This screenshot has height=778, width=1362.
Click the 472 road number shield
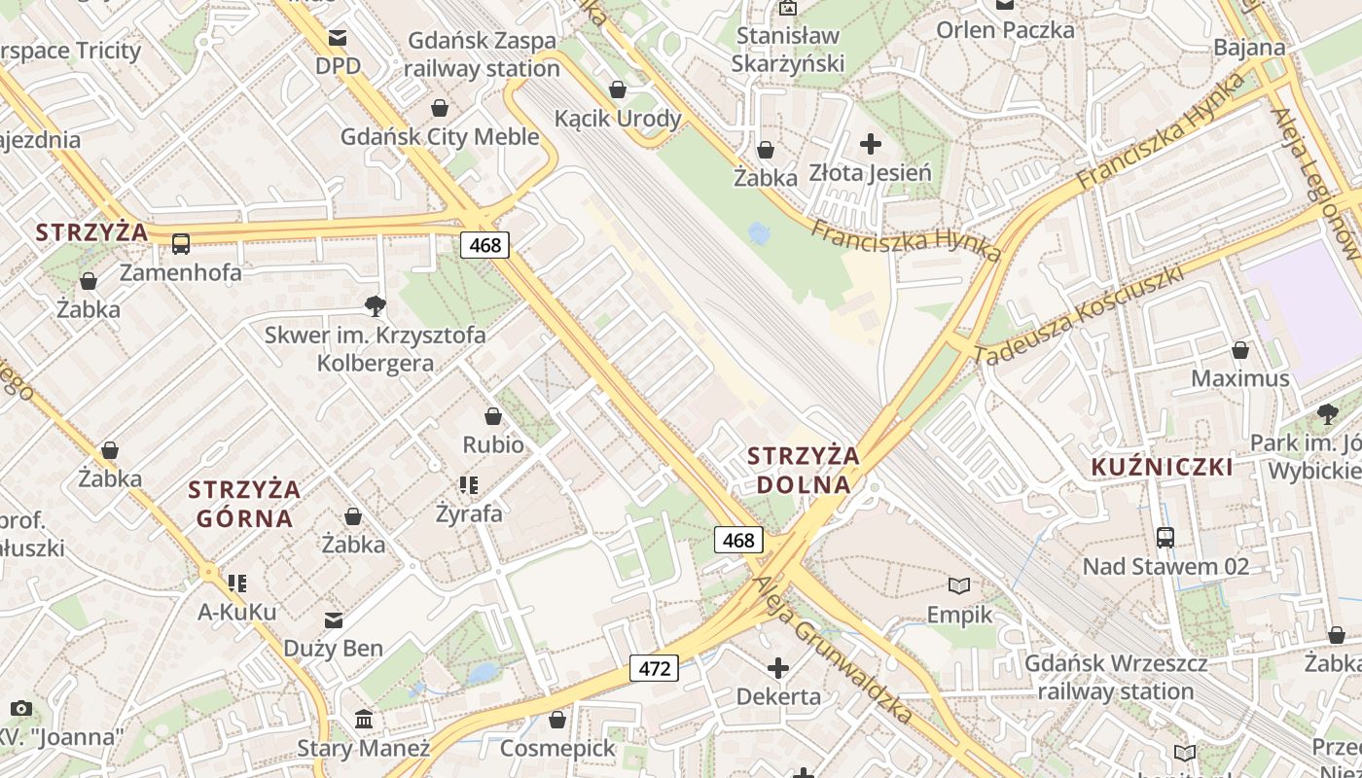coord(654,668)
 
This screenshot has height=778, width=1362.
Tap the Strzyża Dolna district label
coord(803,470)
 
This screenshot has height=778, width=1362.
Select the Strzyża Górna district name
coord(244,503)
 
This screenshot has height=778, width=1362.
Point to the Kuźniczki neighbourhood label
coord(1162,467)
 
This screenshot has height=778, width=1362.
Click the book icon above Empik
coord(959,585)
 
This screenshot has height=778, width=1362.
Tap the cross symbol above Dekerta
coord(778,668)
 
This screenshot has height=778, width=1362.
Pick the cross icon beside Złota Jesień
coord(871,145)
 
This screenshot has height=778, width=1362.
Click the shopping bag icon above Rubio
coord(493,416)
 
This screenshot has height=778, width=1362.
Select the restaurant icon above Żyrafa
coord(469,484)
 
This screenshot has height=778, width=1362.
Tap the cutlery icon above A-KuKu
coord(237,583)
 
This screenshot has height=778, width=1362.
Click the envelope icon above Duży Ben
coord(333,619)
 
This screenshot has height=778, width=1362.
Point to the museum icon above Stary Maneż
coord(364,720)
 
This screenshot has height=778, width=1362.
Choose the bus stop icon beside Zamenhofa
coord(181,243)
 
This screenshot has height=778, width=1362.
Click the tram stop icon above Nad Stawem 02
coord(1165,537)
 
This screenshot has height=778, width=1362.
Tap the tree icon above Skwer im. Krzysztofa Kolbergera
coord(375,306)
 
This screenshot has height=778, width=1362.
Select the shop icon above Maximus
coord(1240,349)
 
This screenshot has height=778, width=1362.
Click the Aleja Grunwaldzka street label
coord(834,647)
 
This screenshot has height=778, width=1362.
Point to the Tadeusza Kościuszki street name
coord(1079,313)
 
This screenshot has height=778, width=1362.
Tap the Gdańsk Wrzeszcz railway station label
coord(1116,678)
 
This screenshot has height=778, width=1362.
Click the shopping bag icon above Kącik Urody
coord(618,90)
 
